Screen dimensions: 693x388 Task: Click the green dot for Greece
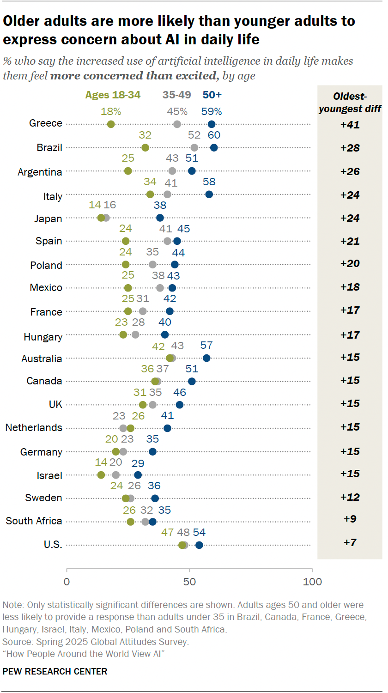pos(111,124)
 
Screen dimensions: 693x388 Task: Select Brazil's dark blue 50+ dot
pos(214,147)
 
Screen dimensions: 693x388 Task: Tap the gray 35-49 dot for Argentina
pos(172,171)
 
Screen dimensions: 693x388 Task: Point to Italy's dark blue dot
pos(209,194)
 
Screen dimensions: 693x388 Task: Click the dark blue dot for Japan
pos(160,218)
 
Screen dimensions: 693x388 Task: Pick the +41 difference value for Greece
pos(350,125)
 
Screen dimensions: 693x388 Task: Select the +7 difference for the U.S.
pos(350,542)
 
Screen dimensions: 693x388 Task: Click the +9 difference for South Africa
pos(350,519)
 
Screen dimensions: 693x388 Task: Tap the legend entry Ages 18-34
pos(113,95)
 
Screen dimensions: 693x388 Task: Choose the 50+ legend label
pos(212,95)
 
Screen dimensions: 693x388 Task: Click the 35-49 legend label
pos(176,95)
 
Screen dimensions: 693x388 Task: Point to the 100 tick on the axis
pos(313,582)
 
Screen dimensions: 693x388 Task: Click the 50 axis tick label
pos(189,582)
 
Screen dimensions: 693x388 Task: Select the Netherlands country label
pos(34,428)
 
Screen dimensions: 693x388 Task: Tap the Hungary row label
pos(43,337)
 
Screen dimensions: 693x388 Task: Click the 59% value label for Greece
pos(212,112)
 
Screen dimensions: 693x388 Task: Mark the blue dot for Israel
pos(138,475)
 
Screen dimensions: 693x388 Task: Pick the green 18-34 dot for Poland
pos(126,265)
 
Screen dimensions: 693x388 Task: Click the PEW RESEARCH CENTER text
pos(55,671)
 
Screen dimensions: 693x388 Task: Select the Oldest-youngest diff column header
pos(350,103)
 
